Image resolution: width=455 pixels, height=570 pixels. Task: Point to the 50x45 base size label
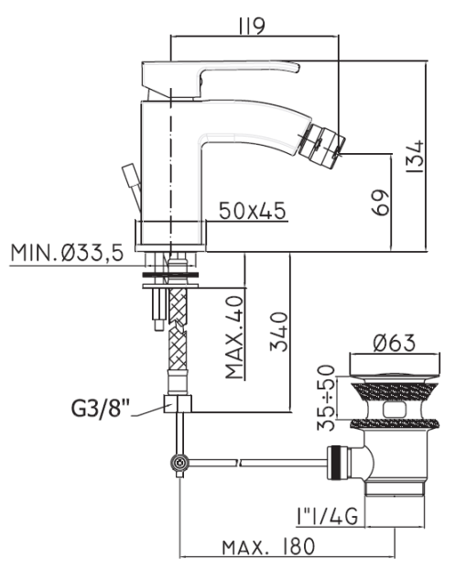coord(252,210)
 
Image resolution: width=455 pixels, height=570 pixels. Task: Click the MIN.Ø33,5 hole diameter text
coord(67,252)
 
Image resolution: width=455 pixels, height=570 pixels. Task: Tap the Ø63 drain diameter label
coord(394,343)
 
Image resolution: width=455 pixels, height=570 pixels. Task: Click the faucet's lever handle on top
coord(220,73)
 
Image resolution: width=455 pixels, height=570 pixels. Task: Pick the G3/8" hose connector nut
coord(176,403)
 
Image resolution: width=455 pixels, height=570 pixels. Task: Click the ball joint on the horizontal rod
coord(179,464)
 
